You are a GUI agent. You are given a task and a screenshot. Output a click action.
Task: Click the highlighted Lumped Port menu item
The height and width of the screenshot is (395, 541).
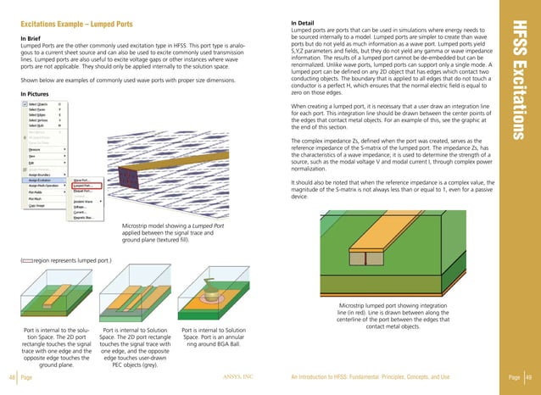coord(83,181)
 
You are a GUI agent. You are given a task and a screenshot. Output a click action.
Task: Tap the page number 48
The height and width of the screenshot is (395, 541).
coord(11,377)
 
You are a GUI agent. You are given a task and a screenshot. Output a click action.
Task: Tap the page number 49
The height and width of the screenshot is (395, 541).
coord(528,377)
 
